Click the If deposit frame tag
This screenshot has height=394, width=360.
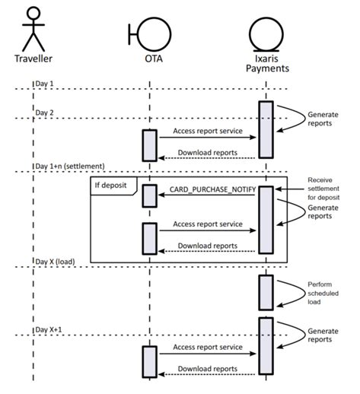click(113, 183)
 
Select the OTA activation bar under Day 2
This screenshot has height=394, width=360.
click(149, 145)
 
